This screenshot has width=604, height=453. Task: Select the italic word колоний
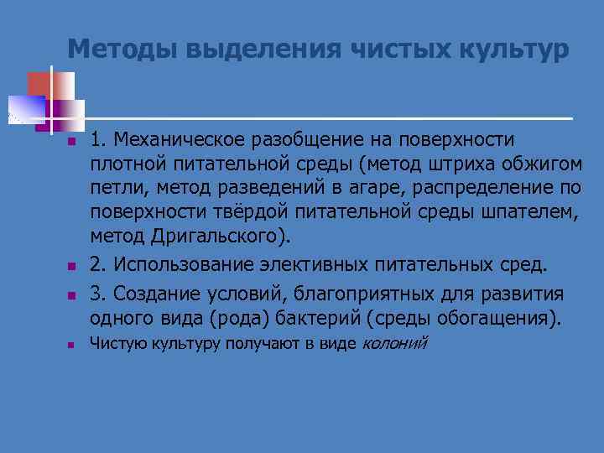(394, 343)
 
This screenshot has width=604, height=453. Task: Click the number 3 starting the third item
(96, 295)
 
